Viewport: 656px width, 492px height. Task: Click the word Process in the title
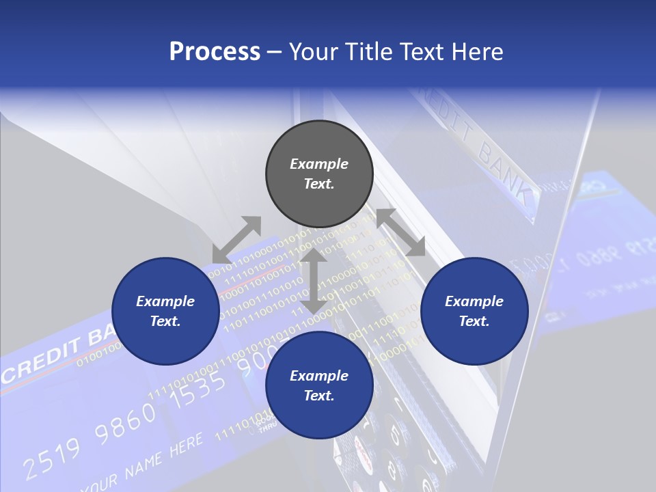click(x=215, y=51)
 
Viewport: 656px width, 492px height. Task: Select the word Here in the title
click(x=476, y=51)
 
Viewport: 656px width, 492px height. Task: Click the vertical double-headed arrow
click(x=314, y=280)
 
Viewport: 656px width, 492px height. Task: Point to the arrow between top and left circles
click(x=236, y=239)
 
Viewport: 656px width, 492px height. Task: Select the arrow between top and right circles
click(x=400, y=232)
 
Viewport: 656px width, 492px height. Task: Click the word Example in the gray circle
click(x=319, y=164)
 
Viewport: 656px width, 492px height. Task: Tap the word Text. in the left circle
click(x=165, y=321)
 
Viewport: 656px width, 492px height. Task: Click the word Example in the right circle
click(x=474, y=301)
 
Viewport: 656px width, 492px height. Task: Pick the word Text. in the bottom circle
click(x=319, y=396)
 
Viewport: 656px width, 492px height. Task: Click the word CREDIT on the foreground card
click(x=41, y=361)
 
